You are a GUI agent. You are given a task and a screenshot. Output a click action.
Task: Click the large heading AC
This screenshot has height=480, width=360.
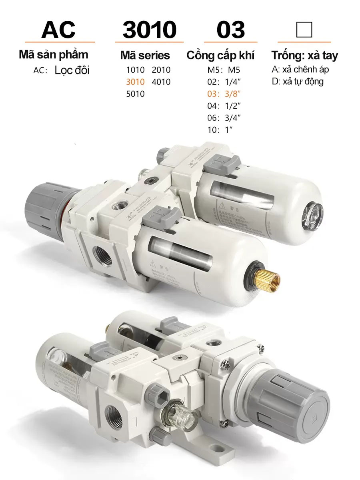pyautogui.click(x=58, y=29)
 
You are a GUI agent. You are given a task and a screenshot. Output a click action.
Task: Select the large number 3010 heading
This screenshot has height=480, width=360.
pyautogui.click(x=149, y=29)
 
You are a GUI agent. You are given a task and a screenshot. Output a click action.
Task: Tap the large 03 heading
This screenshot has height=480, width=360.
pyautogui.click(x=230, y=29)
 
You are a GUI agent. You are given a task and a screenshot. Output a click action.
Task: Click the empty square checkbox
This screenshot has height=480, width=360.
pyautogui.click(x=304, y=29)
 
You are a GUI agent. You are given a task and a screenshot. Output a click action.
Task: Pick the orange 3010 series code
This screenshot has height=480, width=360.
pyautogui.click(x=135, y=82)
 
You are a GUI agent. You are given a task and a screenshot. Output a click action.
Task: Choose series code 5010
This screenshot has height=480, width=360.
pyautogui.click(x=135, y=94)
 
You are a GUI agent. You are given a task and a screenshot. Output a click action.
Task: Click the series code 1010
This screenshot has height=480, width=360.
pyautogui.click(x=135, y=70)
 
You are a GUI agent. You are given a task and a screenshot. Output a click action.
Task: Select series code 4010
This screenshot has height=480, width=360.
pyautogui.click(x=161, y=82)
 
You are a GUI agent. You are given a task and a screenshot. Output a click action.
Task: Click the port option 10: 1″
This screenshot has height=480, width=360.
pyautogui.click(x=220, y=130)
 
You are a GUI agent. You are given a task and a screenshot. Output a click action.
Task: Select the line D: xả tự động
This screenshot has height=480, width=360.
pyautogui.click(x=297, y=82)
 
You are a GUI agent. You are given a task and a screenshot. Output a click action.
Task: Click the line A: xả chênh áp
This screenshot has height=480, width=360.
pyautogui.click(x=300, y=70)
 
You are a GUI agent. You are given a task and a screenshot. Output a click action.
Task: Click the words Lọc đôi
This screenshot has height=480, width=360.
pyautogui.click(x=72, y=70)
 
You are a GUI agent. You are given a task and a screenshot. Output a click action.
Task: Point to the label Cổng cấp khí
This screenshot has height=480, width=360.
pyautogui.click(x=220, y=55)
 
